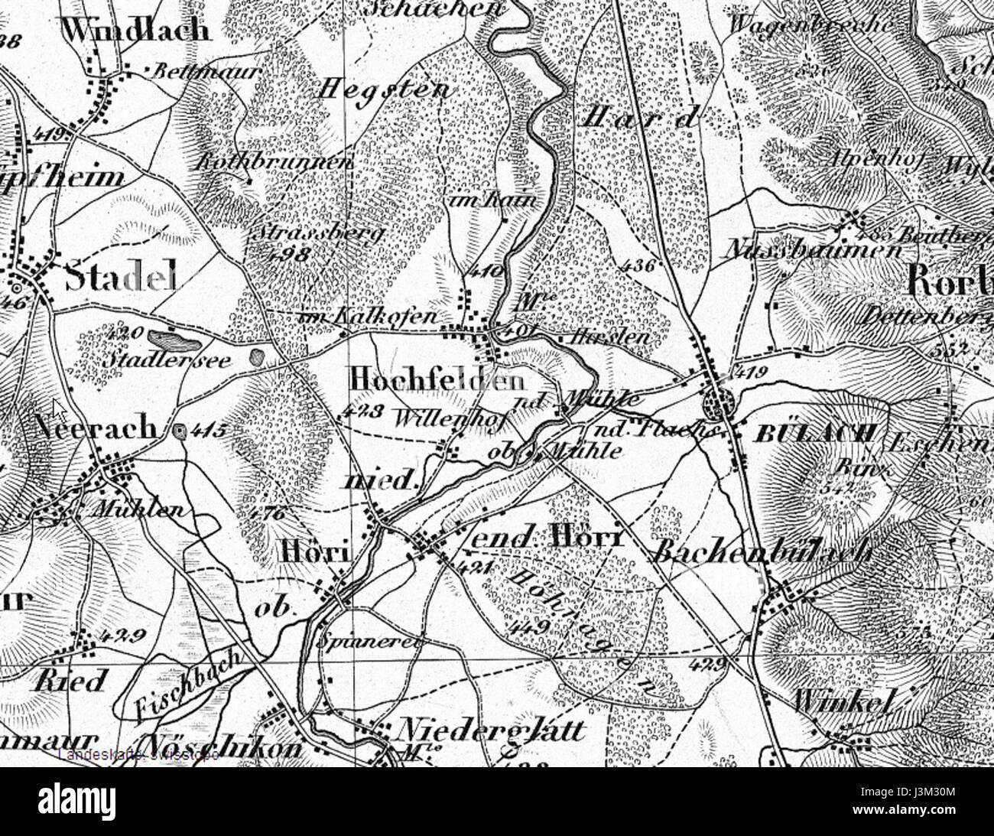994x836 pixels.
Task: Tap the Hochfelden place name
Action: click(x=437, y=380)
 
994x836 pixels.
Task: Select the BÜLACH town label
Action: click(x=814, y=434)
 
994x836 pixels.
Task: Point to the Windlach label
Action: click(x=135, y=31)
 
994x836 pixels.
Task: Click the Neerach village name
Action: click(x=96, y=428)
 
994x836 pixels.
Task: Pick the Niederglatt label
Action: click(x=493, y=730)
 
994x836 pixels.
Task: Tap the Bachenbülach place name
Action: click(x=761, y=551)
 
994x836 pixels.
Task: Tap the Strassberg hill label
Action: click(x=321, y=232)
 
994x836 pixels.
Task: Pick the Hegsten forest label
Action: click(x=384, y=89)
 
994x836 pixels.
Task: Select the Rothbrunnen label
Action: click(x=275, y=162)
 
